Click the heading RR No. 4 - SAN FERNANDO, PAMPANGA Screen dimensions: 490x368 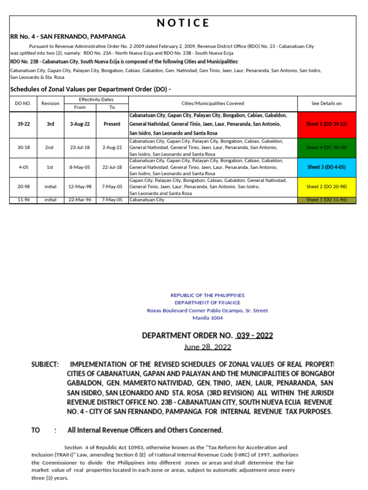point(68,36)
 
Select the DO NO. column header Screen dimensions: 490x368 point(23,103)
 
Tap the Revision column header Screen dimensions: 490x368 point(50,103)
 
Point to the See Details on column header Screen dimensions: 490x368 point(326,103)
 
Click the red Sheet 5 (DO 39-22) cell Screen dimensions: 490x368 point(326,124)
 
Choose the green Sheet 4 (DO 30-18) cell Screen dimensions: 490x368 point(326,147)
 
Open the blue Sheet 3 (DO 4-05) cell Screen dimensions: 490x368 point(326,167)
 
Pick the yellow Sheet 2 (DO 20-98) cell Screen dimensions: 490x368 point(326,187)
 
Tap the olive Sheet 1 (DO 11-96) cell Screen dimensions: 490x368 point(326,200)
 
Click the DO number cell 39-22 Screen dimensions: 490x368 point(23,124)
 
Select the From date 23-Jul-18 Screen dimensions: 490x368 point(80,147)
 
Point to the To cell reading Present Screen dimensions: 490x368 point(112,124)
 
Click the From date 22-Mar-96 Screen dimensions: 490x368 point(80,200)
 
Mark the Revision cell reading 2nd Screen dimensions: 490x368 point(50,147)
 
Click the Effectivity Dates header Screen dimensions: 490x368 point(96,99)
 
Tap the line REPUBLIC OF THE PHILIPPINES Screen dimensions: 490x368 point(207,295)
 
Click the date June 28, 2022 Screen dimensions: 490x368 point(207,346)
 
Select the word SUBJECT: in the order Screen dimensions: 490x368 point(45,365)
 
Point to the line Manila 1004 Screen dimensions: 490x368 point(207,318)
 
